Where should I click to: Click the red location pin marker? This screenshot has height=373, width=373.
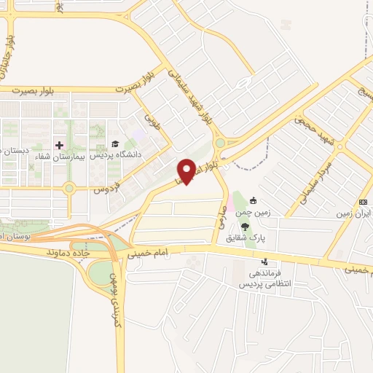(186, 170)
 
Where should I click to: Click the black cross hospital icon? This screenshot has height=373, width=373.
(60, 145)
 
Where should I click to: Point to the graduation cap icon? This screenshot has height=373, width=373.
(114, 144)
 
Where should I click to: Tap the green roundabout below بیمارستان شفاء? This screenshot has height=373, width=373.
(70, 189)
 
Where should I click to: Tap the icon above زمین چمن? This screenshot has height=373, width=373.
(253, 201)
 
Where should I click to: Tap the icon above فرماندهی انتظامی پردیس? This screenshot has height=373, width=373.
(264, 261)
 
